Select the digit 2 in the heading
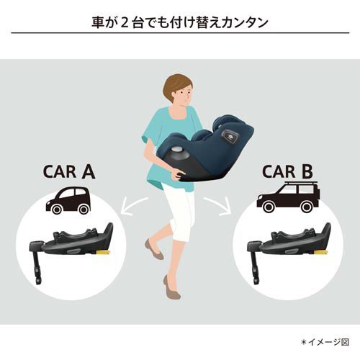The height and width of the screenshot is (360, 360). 131,22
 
